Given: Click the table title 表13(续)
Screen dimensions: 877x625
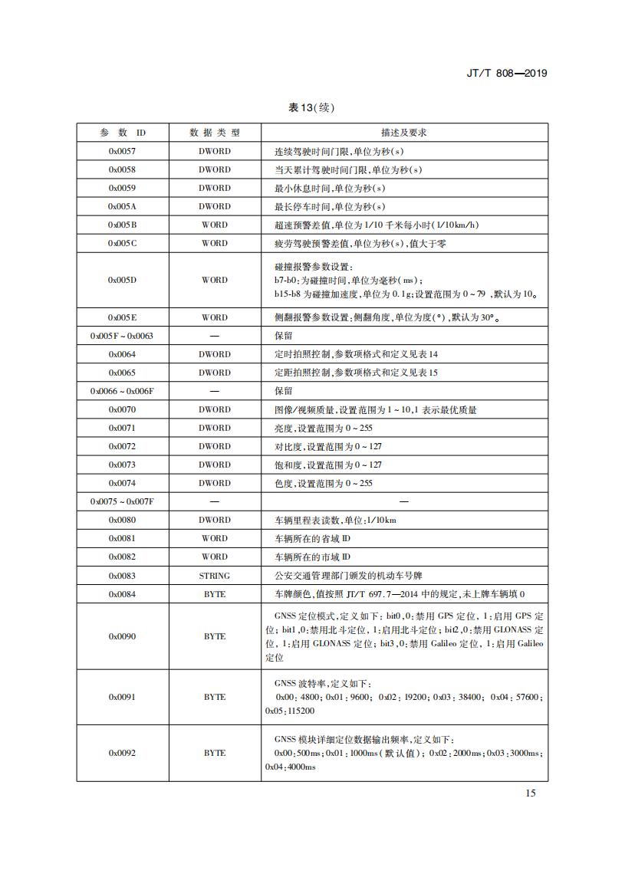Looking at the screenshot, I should click(311, 107).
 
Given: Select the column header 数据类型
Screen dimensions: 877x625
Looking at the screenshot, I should click(215, 133).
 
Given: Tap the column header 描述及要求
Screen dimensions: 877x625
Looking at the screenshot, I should click(404, 133).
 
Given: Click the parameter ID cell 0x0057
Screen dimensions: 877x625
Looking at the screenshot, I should click(122, 151).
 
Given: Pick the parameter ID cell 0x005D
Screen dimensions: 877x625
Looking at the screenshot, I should click(122, 280).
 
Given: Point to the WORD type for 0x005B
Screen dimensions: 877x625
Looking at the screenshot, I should click(215, 225).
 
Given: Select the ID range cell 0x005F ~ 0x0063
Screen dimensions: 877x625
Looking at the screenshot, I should click(122, 336).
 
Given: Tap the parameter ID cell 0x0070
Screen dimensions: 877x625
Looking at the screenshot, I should click(122, 409).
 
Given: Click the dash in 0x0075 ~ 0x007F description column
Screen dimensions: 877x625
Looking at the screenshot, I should click(404, 501).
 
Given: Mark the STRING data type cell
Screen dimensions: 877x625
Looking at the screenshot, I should click(215, 575).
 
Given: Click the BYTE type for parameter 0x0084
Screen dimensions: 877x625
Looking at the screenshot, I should click(215, 593).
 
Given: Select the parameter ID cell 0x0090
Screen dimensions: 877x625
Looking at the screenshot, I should click(122, 636).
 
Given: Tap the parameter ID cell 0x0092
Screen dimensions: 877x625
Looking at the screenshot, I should click(122, 753).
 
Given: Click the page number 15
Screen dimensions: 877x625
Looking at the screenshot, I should click(531, 793).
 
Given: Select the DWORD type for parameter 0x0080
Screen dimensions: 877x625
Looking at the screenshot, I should click(215, 520).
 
